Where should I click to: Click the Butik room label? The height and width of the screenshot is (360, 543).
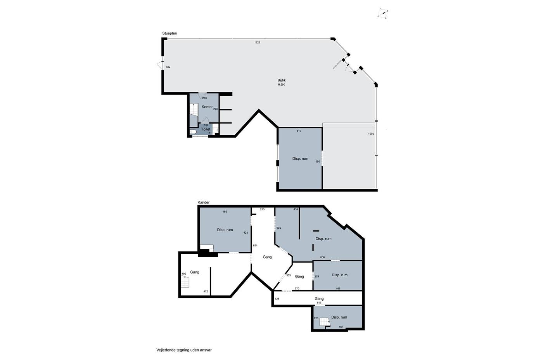pos(282,80)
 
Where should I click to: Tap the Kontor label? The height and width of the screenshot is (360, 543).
pos(207,107)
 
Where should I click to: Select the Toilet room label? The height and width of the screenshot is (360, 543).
pos(206,129)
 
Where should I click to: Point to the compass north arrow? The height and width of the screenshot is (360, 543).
pos(383,13)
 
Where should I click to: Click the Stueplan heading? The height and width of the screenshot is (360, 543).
pos(169,33)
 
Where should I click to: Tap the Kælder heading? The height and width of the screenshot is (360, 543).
pos(204,203)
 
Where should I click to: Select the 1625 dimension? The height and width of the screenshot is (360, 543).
pos(257,43)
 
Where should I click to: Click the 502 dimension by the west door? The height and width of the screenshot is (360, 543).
pos(168,67)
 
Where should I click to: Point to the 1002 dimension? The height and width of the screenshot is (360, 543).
pos(371,134)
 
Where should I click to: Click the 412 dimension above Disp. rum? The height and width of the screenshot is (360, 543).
pos(299,131)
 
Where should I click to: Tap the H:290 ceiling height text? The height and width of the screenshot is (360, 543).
pos(282,85)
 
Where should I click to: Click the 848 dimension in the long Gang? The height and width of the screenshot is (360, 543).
pos(319,303)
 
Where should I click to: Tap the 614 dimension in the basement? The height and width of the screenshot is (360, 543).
pos(255,245)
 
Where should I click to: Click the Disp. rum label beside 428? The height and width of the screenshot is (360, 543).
pos(225,230)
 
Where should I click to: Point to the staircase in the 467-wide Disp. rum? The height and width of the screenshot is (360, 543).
pos(325,322)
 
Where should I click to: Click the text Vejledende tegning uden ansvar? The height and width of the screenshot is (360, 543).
pos(184,350)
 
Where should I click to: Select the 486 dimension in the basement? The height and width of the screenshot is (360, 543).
pos(225,212)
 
